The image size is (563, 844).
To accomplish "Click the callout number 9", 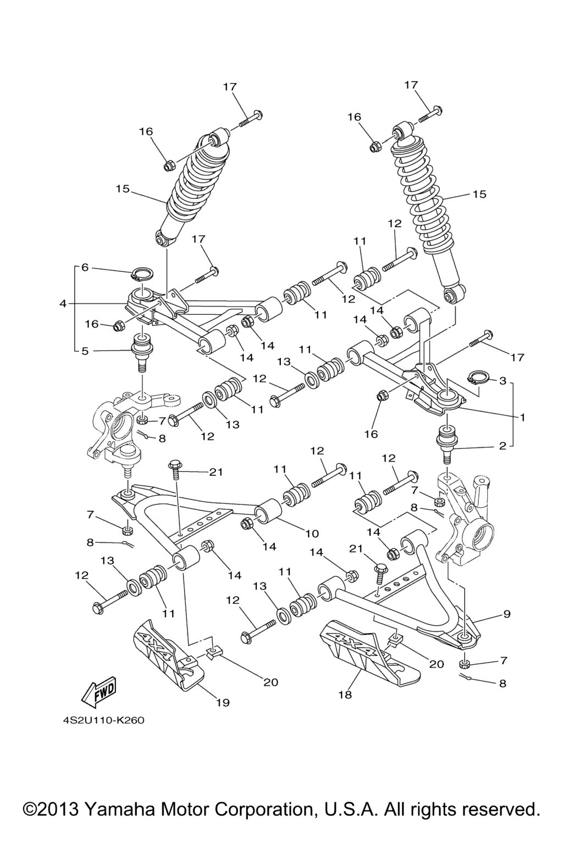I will (506, 613).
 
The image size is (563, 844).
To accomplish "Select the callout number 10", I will (312, 533).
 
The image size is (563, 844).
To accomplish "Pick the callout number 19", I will (223, 702).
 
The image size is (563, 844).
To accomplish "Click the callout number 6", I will (85, 268).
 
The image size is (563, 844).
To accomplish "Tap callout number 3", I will (502, 380).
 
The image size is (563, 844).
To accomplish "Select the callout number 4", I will (63, 303).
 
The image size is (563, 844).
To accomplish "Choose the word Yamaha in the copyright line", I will (118, 809).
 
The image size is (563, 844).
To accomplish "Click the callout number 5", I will (85, 351).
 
